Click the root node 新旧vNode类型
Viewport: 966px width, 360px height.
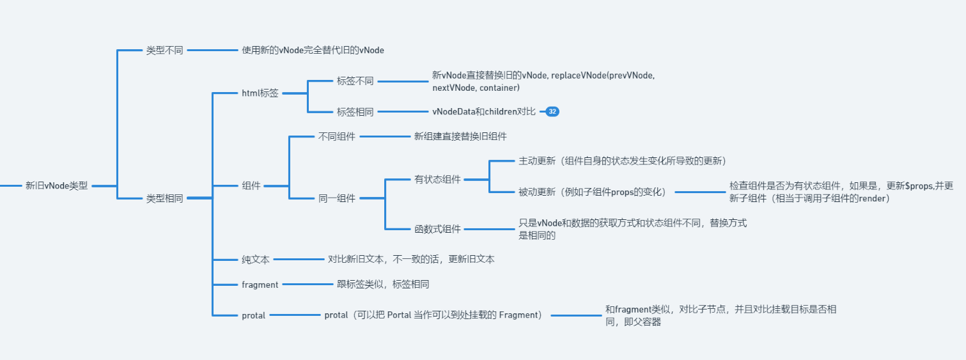coord(56,186)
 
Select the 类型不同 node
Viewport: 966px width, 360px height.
coord(164,50)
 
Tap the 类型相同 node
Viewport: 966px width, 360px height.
coord(164,198)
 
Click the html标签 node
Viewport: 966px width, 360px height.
coord(260,93)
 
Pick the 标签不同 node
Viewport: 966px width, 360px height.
coord(355,81)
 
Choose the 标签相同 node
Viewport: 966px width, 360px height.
coord(355,112)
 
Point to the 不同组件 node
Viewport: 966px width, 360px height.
coord(337,136)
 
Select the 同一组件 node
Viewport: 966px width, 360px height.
coord(337,198)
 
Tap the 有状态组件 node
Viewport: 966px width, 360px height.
coord(437,180)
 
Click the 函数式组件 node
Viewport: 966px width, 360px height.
coord(437,229)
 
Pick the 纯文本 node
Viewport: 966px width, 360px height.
coord(256,260)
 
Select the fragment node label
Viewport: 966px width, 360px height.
coord(260,285)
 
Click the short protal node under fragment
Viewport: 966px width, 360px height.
coord(254,315)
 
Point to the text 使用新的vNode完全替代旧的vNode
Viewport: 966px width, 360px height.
coord(313,50)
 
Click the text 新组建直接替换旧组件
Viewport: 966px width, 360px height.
coord(461,136)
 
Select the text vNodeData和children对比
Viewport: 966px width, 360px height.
coord(484,112)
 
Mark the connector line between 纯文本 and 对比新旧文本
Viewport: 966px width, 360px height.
coord(299,260)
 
